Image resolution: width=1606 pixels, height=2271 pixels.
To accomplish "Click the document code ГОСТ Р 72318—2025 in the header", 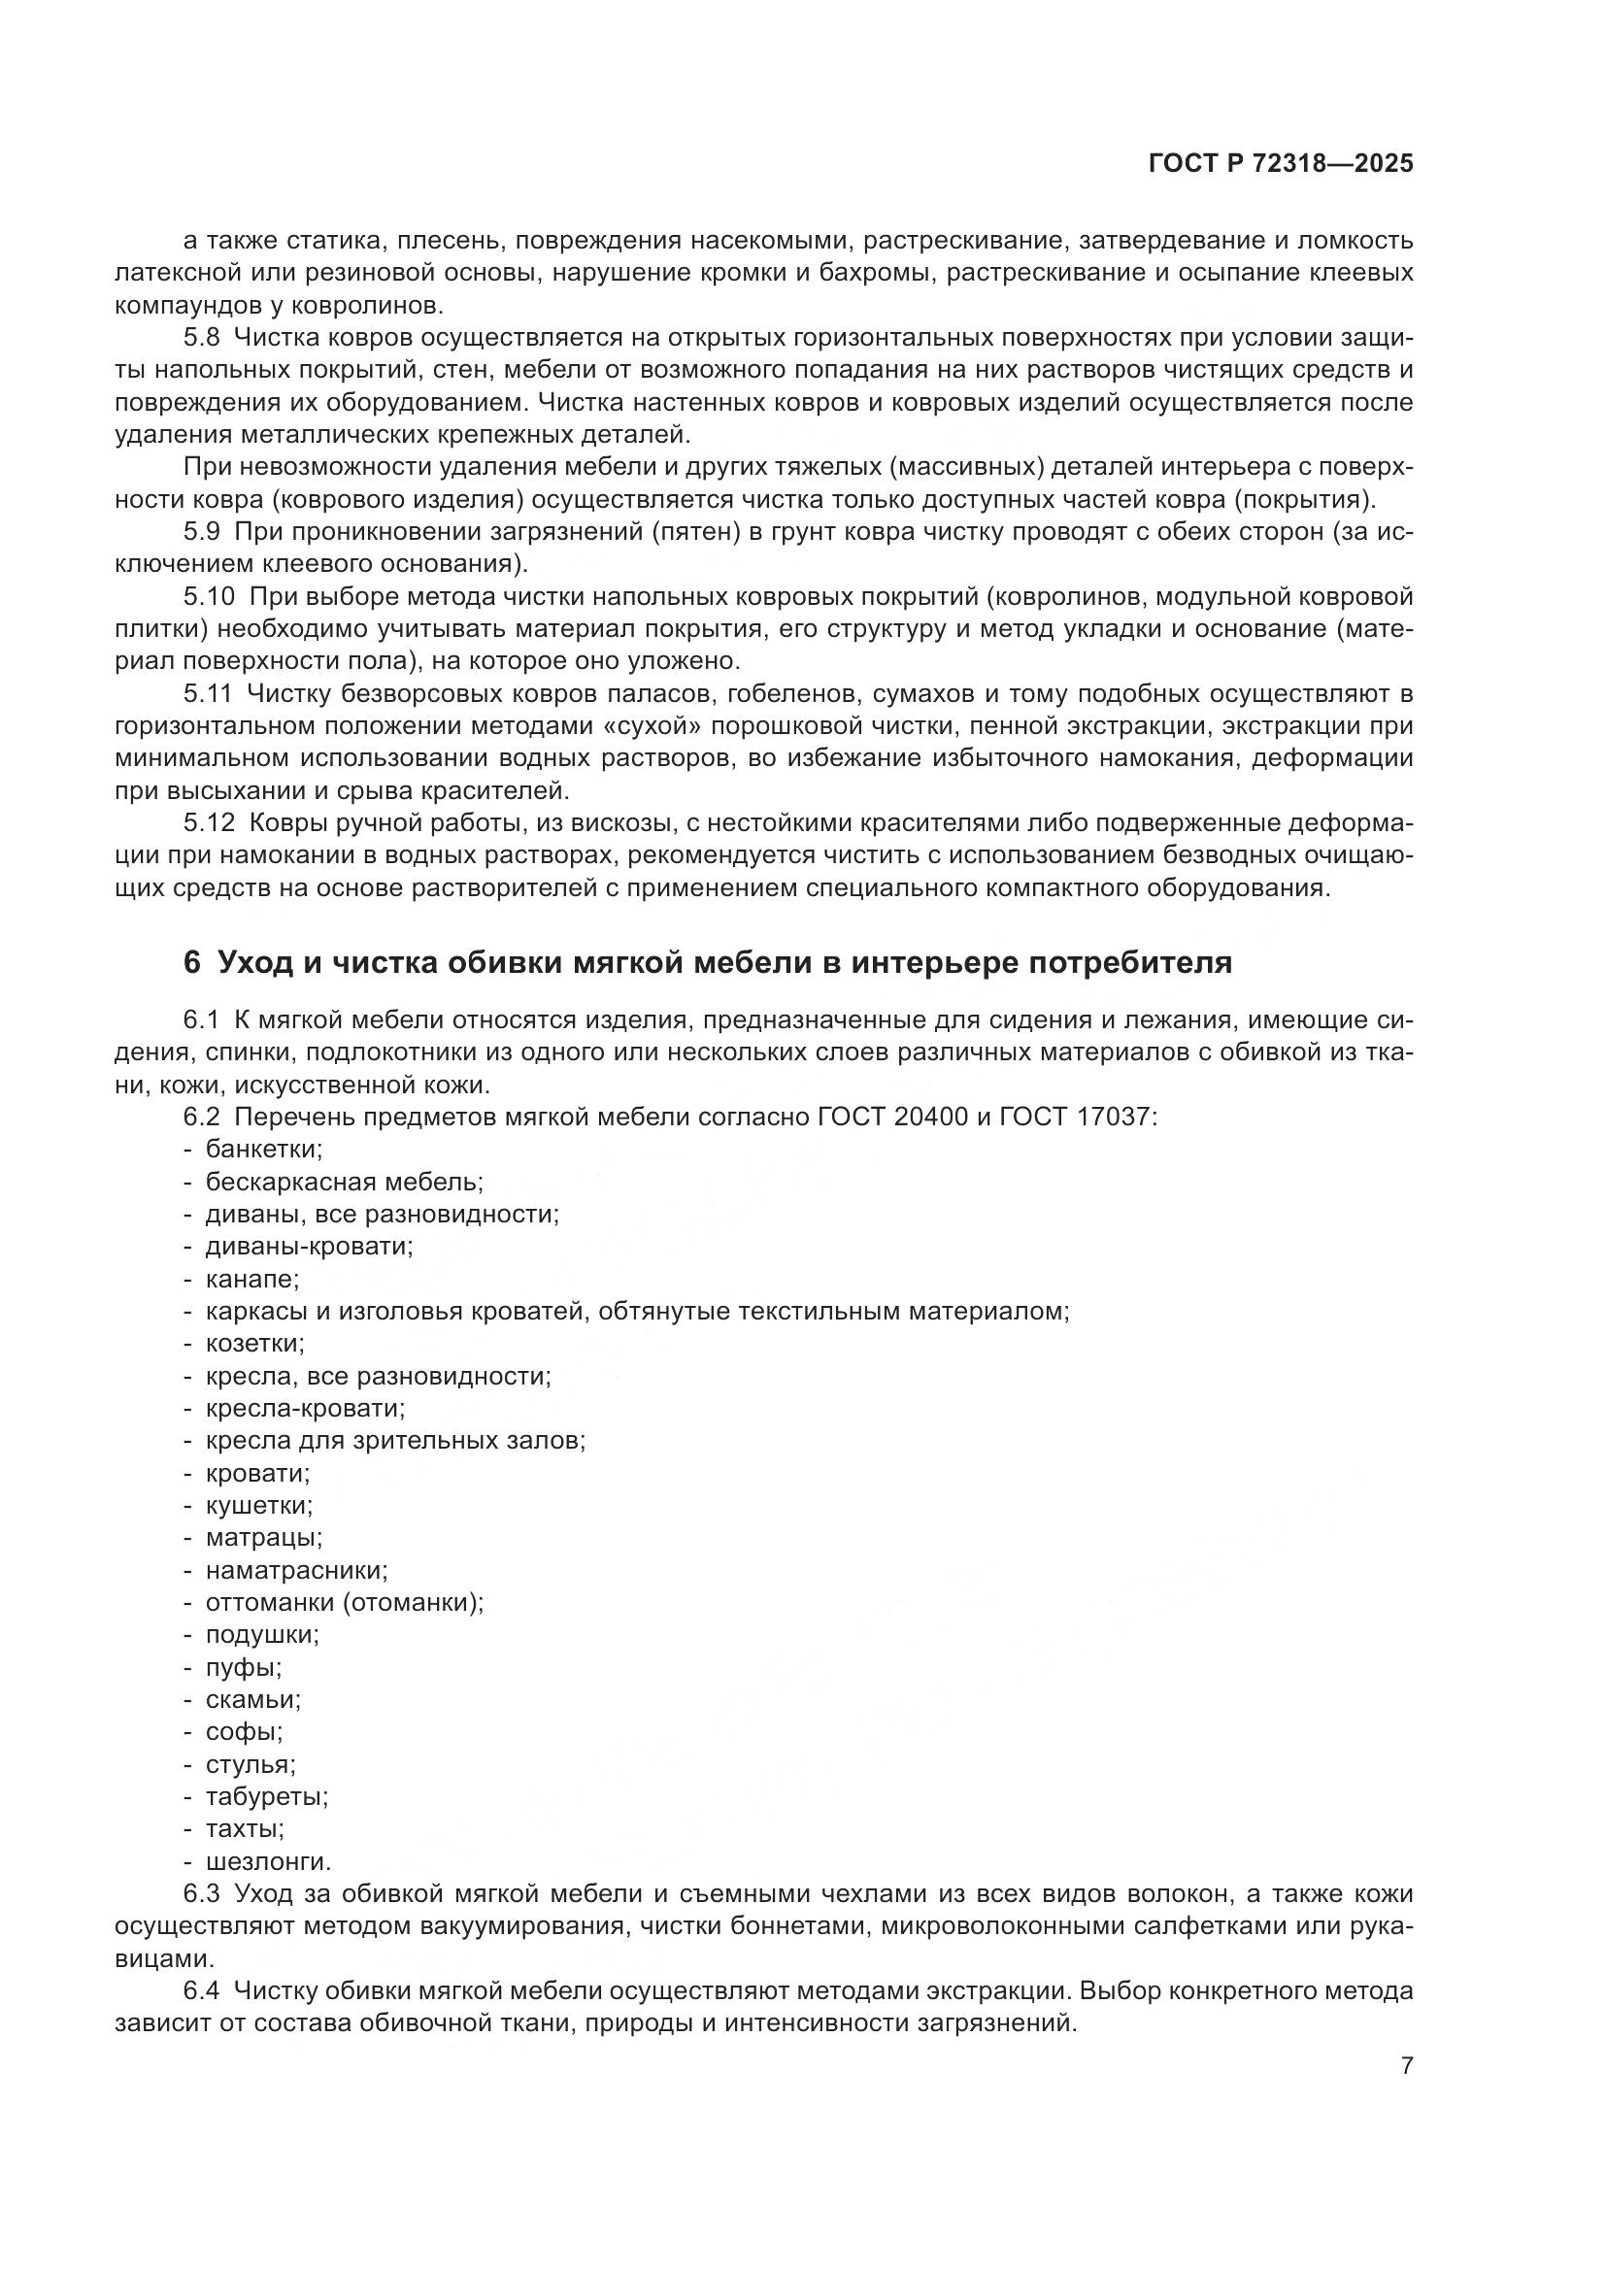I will click(1281, 164).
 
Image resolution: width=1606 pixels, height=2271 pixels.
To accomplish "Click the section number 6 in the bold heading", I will click(192, 962).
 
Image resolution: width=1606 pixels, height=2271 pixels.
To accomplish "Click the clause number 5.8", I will click(202, 338).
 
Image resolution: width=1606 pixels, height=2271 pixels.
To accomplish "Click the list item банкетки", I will click(264, 1150).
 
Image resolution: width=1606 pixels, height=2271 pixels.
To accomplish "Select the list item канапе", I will click(252, 1279).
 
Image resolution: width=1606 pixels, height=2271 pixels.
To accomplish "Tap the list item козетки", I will click(255, 1343).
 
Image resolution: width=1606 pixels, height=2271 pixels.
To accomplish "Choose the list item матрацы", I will click(264, 1538).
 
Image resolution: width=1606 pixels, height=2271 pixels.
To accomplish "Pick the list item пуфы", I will click(244, 1668).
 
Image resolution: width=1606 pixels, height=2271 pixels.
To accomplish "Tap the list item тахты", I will click(246, 1829).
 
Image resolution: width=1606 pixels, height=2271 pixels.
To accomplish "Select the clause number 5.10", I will click(209, 596).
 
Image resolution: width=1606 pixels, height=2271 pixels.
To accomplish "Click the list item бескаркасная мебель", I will click(344, 1182).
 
